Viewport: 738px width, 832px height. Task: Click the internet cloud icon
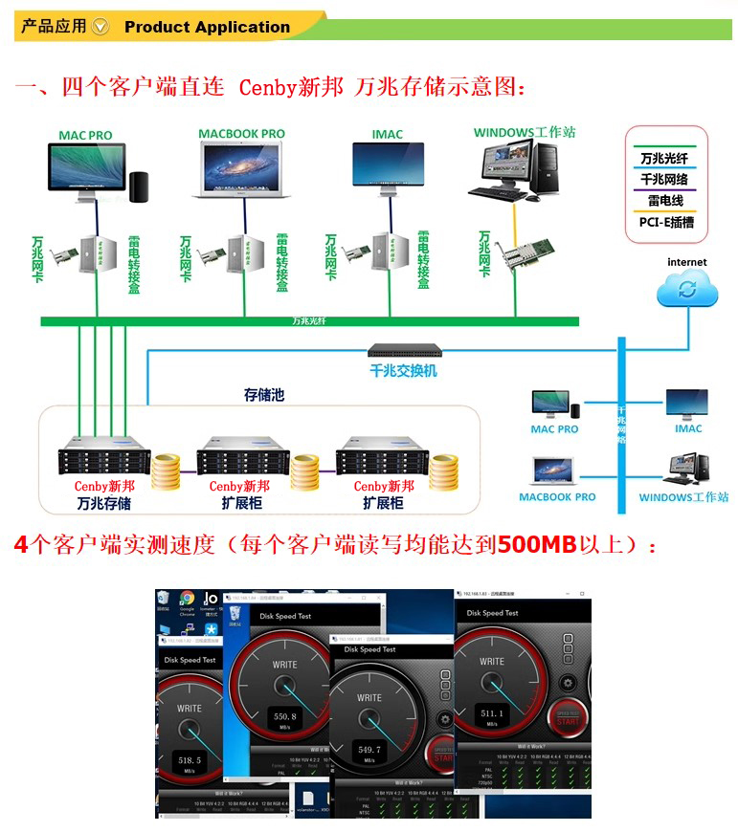coord(686,288)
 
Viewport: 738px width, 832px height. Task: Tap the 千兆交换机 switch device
coord(405,351)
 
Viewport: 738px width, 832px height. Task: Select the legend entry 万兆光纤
coord(664,158)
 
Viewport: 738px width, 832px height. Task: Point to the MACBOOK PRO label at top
coord(241,134)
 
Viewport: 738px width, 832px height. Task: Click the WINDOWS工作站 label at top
coord(525,133)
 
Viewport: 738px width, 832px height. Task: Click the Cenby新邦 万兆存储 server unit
coord(103,458)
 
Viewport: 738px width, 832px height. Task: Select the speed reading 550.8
coord(284,716)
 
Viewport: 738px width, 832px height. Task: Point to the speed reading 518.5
coord(190,759)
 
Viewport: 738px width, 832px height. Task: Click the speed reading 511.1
coord(492,712)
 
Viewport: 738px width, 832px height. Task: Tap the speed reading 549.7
coord(369,750)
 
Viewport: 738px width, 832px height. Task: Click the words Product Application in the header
coord(207,27)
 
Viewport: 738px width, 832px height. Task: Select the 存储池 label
coord(264,395)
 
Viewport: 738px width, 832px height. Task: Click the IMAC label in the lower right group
coord(688,428)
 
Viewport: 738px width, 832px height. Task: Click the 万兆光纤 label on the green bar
coord(309,320)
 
